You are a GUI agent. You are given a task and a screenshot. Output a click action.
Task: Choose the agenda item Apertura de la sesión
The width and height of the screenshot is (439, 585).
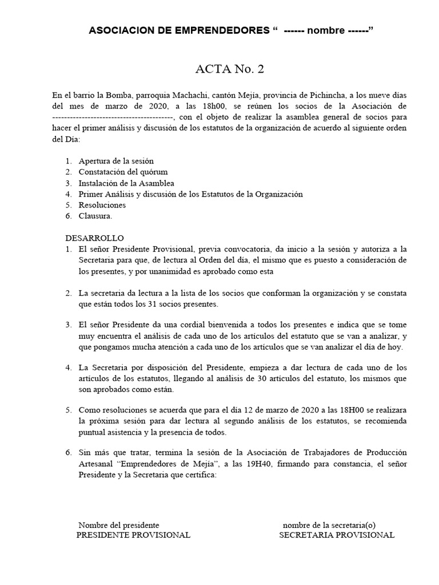tap(116, 161)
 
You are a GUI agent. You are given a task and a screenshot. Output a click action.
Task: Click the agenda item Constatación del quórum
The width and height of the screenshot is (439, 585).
tap(123, 172)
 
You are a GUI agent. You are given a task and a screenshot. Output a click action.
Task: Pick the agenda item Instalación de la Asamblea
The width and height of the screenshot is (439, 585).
tap(126, 183)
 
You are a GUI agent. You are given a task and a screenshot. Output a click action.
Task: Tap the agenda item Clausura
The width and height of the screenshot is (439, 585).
tap(95, 216)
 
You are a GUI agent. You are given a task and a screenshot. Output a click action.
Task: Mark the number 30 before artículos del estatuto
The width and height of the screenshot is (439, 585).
tap(295, 378)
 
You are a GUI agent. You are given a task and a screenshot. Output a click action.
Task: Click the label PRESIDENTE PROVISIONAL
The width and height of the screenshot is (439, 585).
tap(133, 535)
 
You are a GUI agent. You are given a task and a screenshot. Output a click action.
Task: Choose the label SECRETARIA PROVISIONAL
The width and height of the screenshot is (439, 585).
tap(336, 535)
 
